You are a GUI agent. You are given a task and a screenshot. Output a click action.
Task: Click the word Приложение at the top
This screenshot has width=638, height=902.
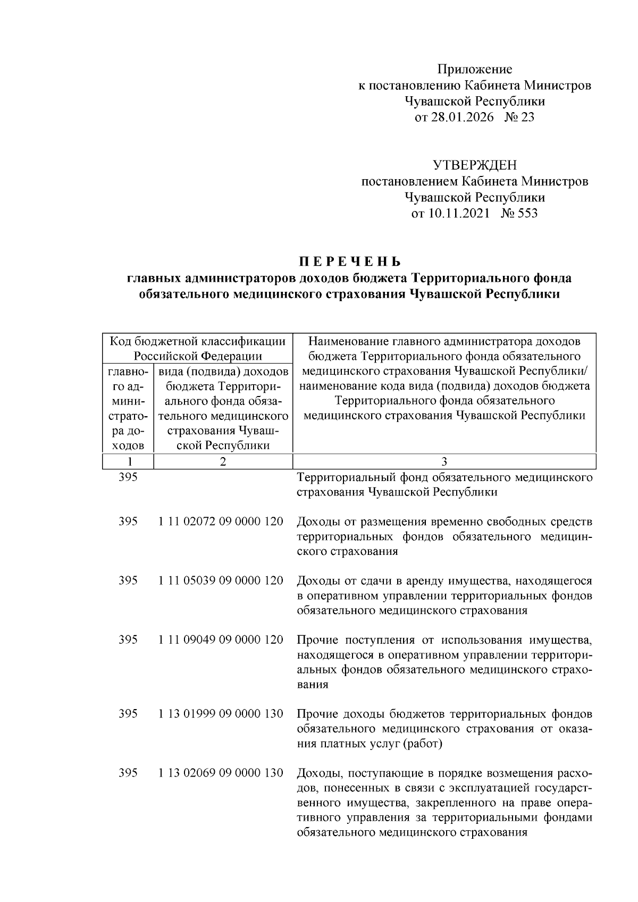coord(474,69)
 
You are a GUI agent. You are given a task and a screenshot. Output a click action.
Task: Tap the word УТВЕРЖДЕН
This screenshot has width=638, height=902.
coord(474,165)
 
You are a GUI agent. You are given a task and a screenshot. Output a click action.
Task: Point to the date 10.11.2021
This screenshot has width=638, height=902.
coord(458,213)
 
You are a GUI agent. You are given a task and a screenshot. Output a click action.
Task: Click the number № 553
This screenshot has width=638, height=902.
coord(519,213)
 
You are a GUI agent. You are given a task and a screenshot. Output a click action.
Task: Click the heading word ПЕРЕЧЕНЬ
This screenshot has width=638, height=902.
coord(349,262)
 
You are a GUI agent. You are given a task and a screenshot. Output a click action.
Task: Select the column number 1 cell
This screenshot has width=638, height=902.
coord(128,461)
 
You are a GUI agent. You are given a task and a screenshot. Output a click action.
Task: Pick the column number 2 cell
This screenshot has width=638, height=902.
coord(223,461)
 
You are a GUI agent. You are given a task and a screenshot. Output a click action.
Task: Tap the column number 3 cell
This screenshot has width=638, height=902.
coord(444,461)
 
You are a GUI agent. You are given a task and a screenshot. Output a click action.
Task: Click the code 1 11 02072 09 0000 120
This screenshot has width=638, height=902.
coord(221,521)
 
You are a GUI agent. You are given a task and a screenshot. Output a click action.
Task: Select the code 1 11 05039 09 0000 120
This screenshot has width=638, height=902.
coord(221,580)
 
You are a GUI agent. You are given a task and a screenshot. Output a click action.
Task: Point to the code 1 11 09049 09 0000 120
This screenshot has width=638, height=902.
coord(221,639)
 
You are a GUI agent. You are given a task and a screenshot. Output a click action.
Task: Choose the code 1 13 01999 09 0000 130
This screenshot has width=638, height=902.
coord(221,713)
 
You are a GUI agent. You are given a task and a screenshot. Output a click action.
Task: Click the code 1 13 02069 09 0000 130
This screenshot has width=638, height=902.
coord(221,773)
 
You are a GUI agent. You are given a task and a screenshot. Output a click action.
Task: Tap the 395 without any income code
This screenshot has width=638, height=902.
coord(128,477)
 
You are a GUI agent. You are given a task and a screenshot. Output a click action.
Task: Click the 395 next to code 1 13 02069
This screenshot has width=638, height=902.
coord(128,773)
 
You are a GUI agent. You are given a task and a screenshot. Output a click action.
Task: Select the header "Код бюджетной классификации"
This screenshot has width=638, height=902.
coord(197,341)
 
